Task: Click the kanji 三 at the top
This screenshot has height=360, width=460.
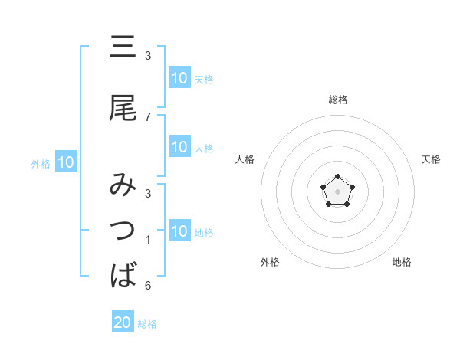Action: (x=123, y=47)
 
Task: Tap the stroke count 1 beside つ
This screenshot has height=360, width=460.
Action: (x=148, y=240)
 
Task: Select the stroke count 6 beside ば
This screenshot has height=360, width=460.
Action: (x=148, y=286)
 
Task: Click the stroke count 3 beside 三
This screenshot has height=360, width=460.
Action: (x=148, y=56)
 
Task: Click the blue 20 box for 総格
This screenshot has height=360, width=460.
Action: (x=123, y=322)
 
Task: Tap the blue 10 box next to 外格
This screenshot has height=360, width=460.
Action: (x=66, y=162)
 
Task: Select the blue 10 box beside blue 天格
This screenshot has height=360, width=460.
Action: (x=179, y=78)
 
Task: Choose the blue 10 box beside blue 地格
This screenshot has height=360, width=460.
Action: (x=179, y=231)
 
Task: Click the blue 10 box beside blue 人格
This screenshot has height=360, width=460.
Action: (x=179, y=147)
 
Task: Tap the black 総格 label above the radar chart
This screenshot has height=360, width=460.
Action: (x=338, y=100)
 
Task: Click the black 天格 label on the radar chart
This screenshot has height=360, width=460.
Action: (x=431, y=159)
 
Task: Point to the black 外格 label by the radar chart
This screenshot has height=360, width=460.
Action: (x=270, y=262)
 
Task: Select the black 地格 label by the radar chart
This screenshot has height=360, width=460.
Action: (x=402, y=262)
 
